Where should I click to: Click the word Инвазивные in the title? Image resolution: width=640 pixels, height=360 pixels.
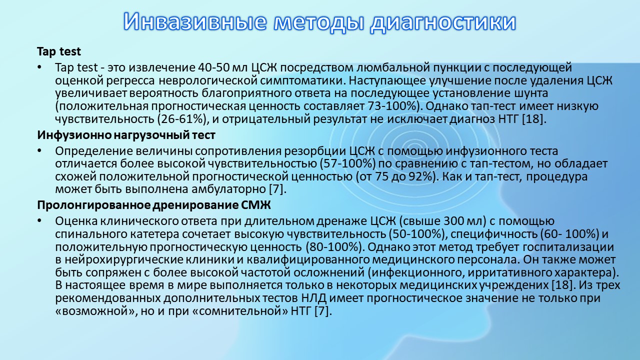point(195,21)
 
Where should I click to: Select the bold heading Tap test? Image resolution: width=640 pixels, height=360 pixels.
point(59,51)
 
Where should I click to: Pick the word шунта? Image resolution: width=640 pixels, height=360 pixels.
point(531,93)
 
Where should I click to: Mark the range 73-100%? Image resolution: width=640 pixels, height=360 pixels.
point(393,106)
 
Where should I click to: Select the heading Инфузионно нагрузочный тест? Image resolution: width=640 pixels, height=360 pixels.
point(126,135)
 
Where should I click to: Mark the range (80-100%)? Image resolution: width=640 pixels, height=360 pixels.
point(333,247)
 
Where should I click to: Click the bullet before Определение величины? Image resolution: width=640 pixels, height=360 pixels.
point(39,150)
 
